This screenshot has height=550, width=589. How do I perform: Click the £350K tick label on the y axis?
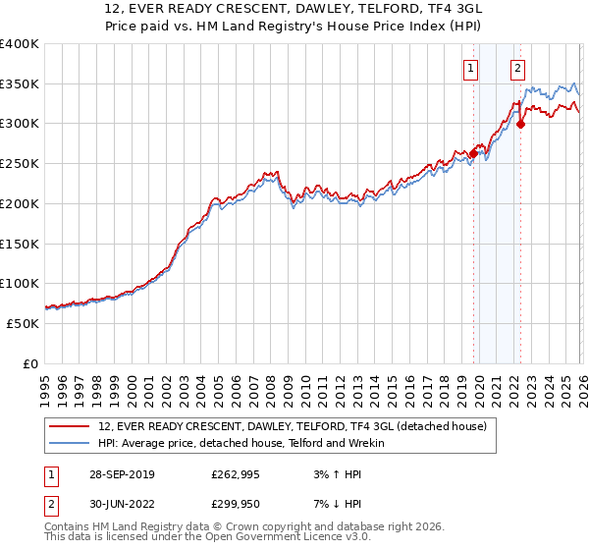[x=20, y=84]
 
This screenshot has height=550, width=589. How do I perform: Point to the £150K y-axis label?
[x=20, y=244]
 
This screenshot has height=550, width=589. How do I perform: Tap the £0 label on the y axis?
[x=30, y=363]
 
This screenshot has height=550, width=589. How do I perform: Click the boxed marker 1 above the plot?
[x=472, y=68]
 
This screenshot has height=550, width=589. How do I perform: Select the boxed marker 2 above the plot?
[x=517, y=68]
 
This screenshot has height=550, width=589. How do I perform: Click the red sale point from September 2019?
[x=473, y=153]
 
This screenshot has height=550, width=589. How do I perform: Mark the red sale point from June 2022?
[x=520, y=124]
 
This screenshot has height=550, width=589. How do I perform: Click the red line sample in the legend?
[x=69, y=427]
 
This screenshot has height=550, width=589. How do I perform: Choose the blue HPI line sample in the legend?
[x=69, y=444]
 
